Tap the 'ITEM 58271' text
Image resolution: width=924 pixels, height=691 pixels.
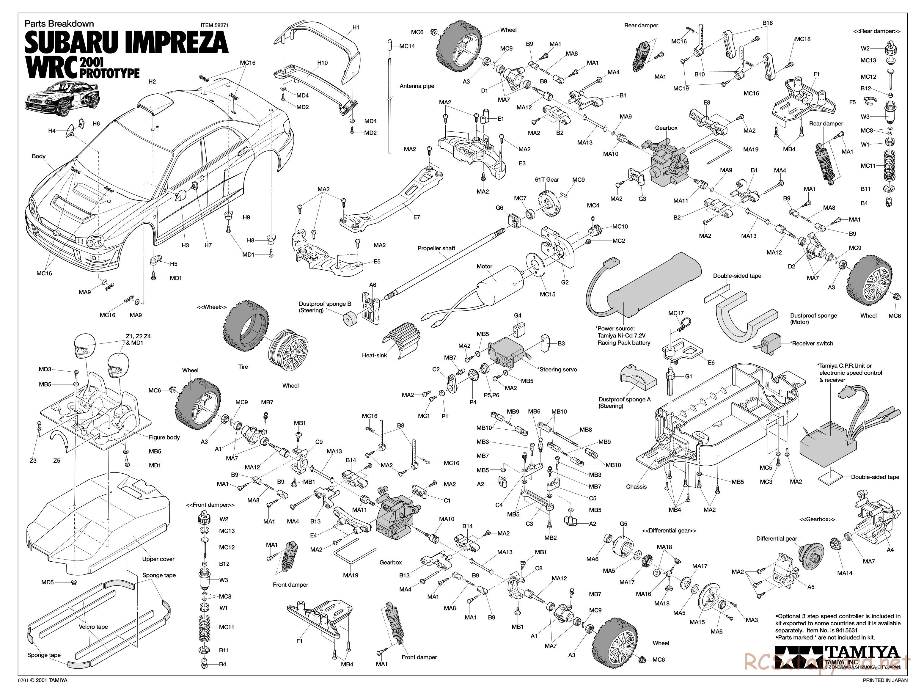point(214,25)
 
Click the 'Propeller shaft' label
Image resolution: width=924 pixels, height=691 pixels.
point(436,248)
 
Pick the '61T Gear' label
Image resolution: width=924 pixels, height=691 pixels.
point(547,180)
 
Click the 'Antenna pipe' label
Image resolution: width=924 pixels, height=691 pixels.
point(417,86)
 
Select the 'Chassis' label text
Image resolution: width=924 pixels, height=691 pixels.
point(636,487)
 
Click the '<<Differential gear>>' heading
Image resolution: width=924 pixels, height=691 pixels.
point(669,530)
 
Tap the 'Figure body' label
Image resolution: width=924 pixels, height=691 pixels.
point(164,437)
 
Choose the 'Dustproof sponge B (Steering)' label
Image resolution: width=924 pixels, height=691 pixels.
point(325,307)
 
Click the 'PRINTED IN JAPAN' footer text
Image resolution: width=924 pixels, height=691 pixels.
point(885,680)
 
